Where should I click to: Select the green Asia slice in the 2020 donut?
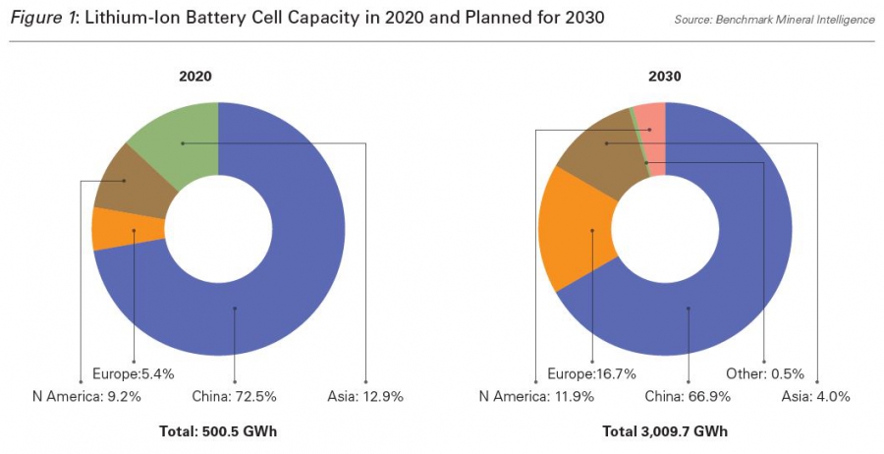pos(177,147)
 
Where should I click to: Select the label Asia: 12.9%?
pos(365,396)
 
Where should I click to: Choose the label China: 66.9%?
pos(688,396)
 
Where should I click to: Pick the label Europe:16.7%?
pos(591,374)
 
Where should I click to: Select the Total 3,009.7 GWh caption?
pos(667,431)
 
